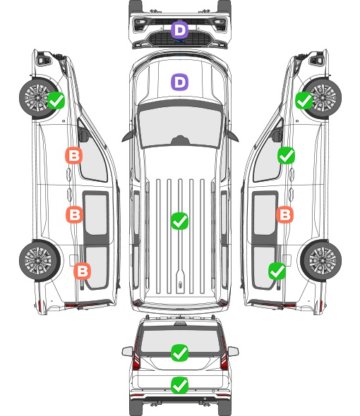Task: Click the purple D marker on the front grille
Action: (x=179, y=30)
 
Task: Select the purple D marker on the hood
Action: (x=179, y=82)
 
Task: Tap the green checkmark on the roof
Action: (x=179, y=221)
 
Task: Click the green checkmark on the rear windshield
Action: (x=179, y=353)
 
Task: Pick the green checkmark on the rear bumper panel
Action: (x=179, y=385)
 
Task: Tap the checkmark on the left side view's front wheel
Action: (x=56, y=100)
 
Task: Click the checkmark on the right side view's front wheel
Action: (x=304, y=100)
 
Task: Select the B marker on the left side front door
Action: (x=74, y=155)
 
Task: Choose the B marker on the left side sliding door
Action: (x=74, y=214)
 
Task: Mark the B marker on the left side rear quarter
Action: (x=83, y=271)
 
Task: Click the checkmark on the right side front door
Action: (x=286, y=155)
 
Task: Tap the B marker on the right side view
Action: (x=284, y=214)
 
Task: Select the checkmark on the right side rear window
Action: (x=277, y=271)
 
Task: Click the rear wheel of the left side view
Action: (x=40, y=261)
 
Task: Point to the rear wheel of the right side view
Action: (x=321, y=261)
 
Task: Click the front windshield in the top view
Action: (x=180, y=126)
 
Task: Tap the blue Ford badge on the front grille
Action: (x=180, y=41)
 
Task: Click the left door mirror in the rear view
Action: (x=127, y=351)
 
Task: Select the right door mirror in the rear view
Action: (x=233, y=351)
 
